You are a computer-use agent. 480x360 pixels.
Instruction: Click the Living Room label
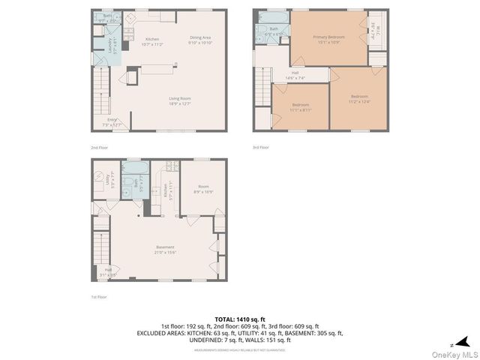pos(179,100)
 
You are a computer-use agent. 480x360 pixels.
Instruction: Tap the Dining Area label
pos(199,40)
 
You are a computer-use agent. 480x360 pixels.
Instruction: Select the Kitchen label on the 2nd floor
pos(152,41)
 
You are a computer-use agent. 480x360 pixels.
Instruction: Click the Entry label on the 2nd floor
pos(112,121)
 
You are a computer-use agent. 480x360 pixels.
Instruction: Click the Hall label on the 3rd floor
pos(295,75)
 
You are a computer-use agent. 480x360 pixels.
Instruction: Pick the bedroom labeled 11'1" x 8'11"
pos(300,106)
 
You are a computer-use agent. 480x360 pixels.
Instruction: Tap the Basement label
pos(165,249)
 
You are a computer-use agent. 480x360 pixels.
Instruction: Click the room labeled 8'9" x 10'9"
pos(203,189)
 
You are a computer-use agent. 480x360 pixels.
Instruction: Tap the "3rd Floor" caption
pos(260,148)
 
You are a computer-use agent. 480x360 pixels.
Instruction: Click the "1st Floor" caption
pos(99,297)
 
